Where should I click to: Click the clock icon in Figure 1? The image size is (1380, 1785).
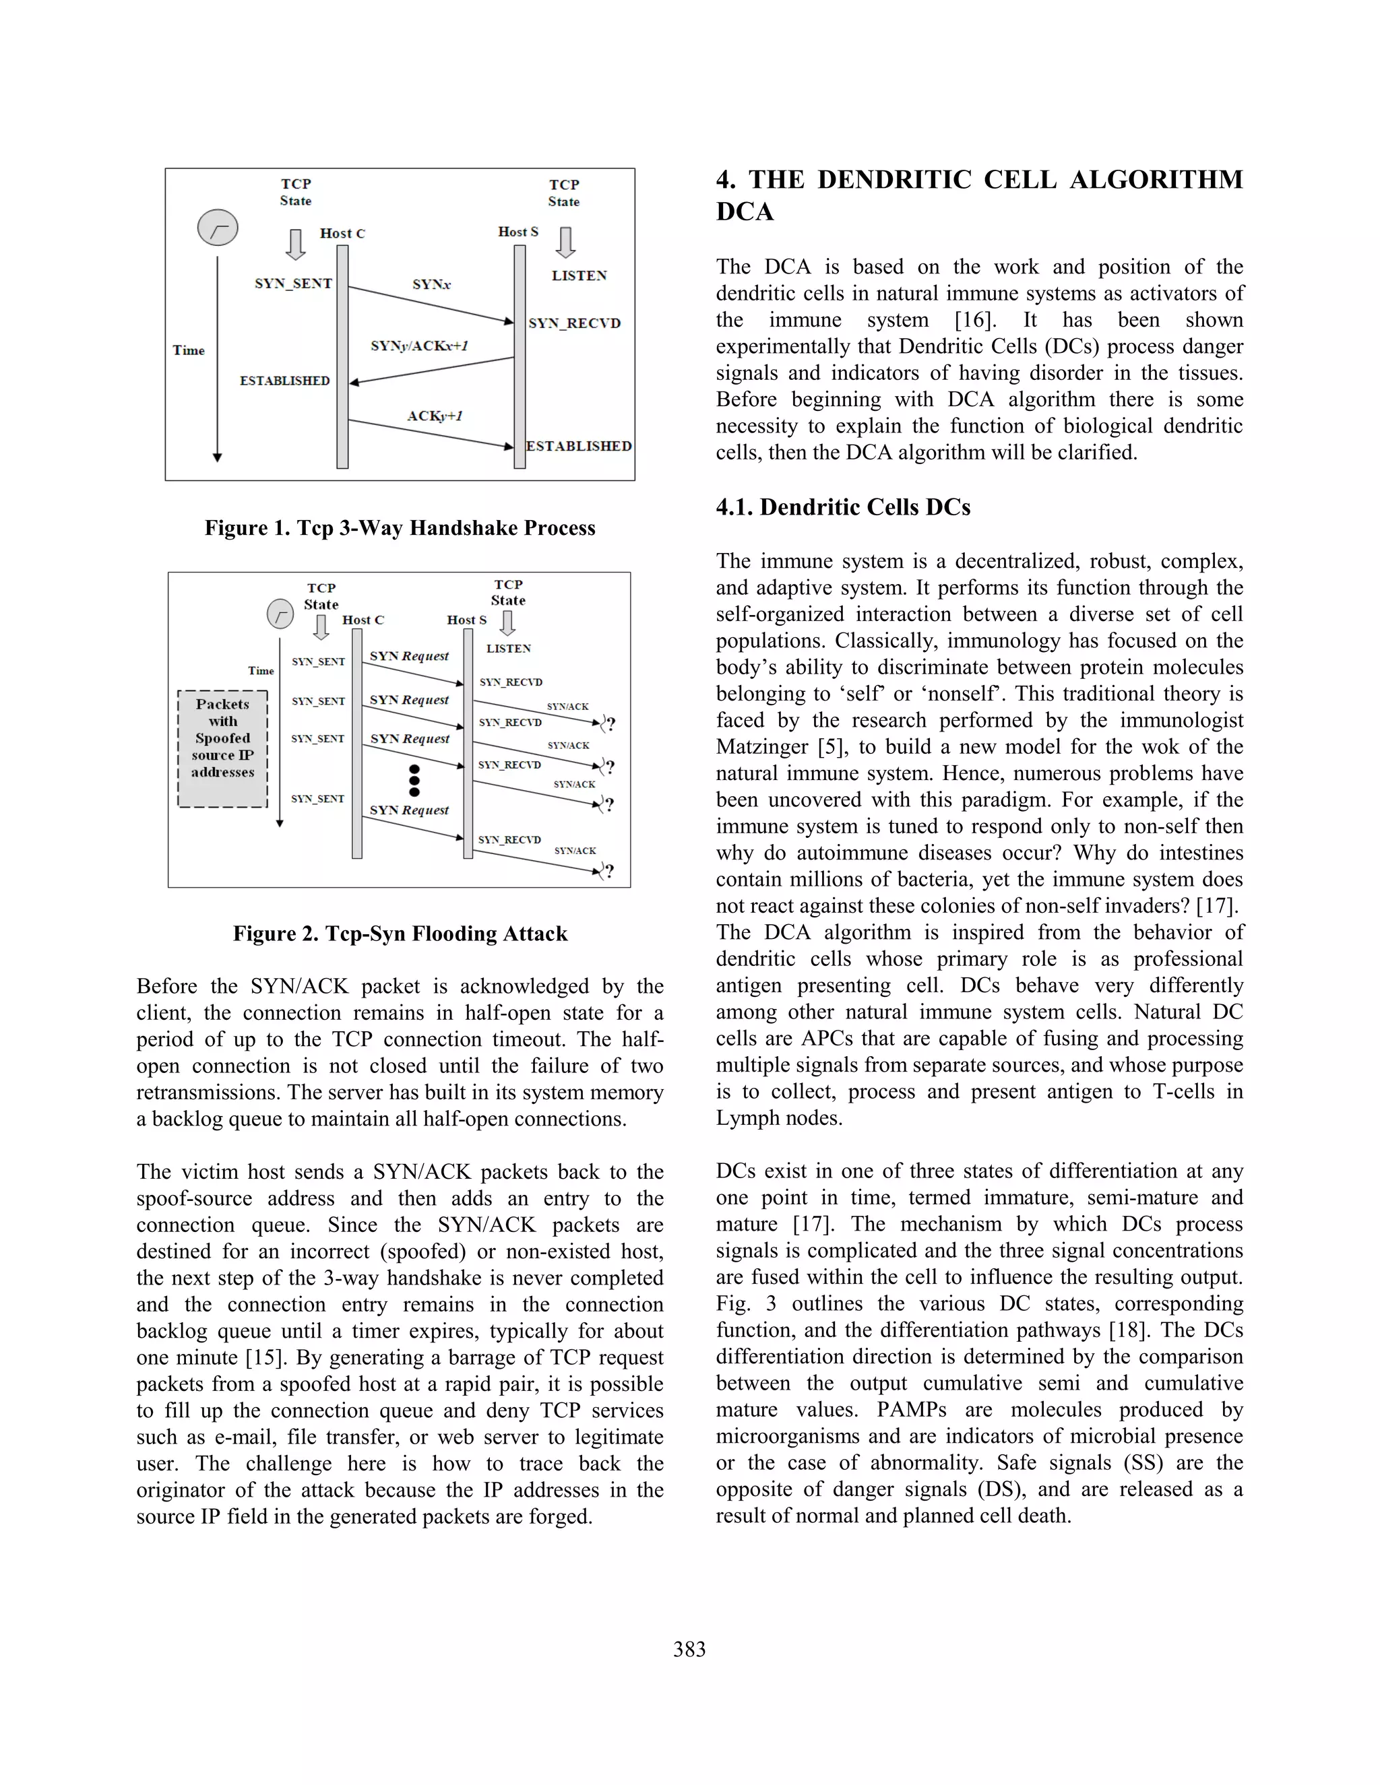218,228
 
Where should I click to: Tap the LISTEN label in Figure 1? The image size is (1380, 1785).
579,276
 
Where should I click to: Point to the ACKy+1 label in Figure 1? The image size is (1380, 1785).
435,416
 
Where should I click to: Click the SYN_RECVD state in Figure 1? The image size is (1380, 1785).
574,323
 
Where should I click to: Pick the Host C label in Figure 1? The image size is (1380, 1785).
342,234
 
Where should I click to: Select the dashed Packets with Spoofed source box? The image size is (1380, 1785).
222,748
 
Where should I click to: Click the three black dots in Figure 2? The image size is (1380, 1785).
414,781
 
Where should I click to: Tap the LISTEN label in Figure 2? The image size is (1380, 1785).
509,649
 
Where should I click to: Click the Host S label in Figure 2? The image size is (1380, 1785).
466,620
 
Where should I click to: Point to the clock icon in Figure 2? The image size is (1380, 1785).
280,614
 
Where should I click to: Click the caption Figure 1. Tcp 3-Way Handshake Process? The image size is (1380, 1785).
400,528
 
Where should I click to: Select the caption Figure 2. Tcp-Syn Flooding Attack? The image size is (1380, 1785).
400,934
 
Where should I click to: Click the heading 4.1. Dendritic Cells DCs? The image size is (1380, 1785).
843,508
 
